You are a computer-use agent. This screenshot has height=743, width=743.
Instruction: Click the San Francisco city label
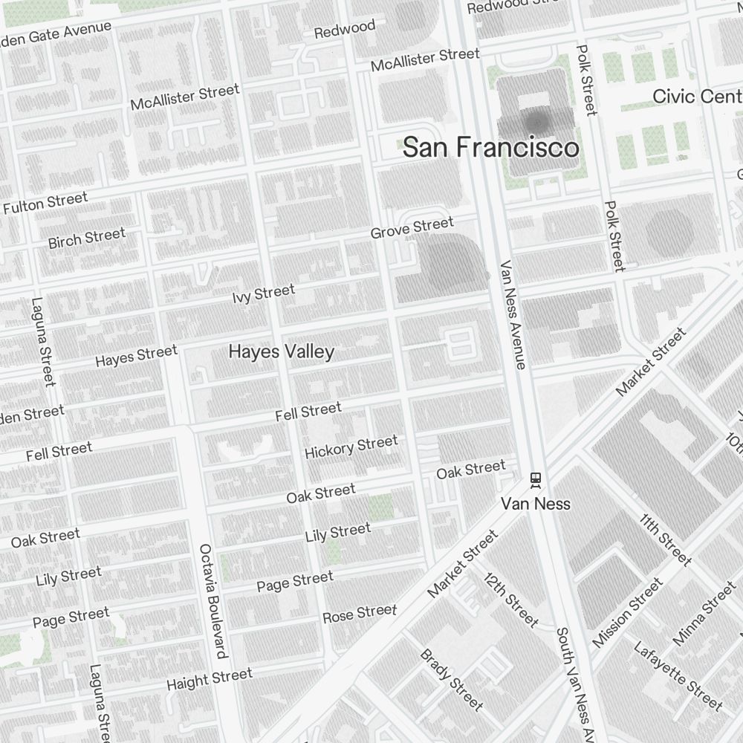491,147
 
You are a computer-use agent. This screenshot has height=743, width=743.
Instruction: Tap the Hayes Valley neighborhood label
282,351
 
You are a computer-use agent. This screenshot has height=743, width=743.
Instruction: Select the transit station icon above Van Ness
535,480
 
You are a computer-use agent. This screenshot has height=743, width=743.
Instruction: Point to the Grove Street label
412,228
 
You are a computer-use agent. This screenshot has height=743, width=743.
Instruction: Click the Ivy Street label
263,293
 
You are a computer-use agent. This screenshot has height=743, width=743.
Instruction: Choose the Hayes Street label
137,355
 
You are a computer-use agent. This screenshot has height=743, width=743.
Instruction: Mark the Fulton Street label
45,203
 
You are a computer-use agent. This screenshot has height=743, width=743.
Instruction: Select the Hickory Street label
351,447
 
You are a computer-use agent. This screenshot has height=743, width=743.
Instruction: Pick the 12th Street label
510,600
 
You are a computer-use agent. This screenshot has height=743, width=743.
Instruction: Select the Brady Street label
451,679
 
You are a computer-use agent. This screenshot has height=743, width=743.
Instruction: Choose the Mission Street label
627,612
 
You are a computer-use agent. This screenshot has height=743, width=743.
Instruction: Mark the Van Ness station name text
535,504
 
